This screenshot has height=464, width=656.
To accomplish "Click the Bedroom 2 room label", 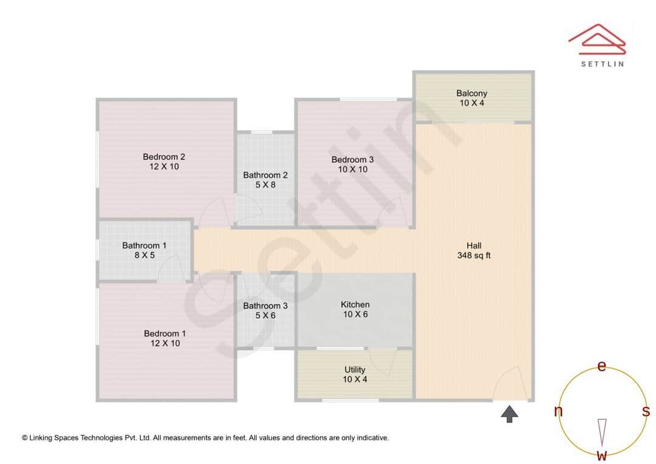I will click(164, 157).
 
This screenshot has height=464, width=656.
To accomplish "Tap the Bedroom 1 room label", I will click(165, 333).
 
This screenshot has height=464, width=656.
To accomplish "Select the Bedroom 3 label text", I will click(352, 160).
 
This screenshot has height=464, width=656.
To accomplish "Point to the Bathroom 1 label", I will click(144, 245).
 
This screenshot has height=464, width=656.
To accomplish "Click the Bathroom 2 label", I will click(265, 175).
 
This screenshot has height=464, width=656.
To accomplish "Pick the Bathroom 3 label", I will click(265, 305).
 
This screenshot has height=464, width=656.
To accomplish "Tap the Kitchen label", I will click(355, 304).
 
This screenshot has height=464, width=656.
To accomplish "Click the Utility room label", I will click(355, 369).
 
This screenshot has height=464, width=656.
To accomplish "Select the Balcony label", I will click(472, 94).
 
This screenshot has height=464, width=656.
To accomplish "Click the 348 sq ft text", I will click(474, 256).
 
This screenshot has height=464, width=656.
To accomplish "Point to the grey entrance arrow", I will click(510, 415).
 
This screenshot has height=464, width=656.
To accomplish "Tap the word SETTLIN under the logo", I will click(602, 63).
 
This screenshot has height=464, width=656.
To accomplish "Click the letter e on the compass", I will click(602, 366).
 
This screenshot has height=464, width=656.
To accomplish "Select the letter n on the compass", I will click(558, 412).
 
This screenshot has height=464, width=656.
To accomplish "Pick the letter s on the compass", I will click(646, 411).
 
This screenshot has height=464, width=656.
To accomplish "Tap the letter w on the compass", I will click(602, 455).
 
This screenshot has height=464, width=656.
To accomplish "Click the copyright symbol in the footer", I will click(25, 438).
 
